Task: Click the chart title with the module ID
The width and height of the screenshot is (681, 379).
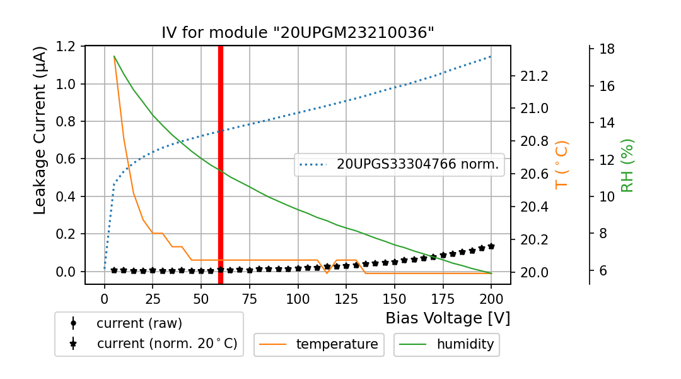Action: pos(298,33)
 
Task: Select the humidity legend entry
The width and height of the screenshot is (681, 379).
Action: pos(446,344)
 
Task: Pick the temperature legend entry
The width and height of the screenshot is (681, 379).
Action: pos(319,344)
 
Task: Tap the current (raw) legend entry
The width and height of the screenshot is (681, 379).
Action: pos(139,323)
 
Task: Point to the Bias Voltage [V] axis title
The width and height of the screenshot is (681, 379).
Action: pos(448,318)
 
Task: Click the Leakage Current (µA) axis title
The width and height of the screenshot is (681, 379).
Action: pos(40,130)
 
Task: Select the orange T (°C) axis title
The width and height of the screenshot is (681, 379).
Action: pos(561,165)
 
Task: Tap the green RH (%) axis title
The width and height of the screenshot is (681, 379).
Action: pos(627,165)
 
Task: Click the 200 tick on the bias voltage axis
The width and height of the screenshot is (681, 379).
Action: pos(491,298)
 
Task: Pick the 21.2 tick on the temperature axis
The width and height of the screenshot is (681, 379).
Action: pos(533,76)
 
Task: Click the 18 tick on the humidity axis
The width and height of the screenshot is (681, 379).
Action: pos(607,49)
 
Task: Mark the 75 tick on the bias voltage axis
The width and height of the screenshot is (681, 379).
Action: pos(250,298)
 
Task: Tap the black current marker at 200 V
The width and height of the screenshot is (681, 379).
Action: pos(491,246)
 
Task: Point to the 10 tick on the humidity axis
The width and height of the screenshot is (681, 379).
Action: pos(607,196)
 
